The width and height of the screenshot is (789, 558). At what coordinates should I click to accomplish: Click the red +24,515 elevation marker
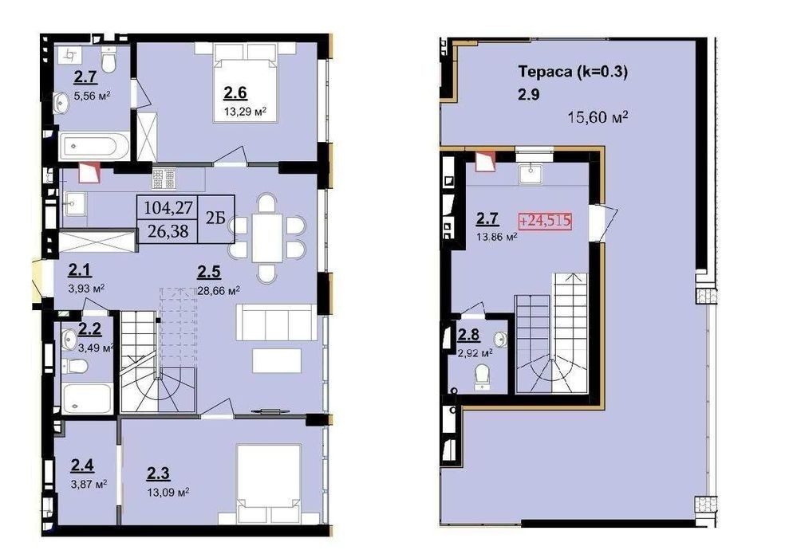click(x=545, y=221)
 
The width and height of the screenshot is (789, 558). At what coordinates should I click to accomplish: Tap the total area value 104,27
click(x=168, y=207)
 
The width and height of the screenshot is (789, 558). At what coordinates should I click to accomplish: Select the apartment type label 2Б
click(x=215, y=218)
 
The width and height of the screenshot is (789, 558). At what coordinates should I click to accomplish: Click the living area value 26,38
click(x=168, y=230)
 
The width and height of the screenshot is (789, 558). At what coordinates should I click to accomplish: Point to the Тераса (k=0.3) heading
click(x=573, y=72)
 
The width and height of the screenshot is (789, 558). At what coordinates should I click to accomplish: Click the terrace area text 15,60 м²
click(x=598, y=117)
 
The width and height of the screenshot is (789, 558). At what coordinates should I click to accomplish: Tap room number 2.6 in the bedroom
click(x=235, y=92)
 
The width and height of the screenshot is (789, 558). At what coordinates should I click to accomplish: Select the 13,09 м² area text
click(x=168, y=492)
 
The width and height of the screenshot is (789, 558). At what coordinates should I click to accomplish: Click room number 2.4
click(x=82, y=466)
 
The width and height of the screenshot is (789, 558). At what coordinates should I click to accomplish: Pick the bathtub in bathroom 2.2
click(x=87, y=399)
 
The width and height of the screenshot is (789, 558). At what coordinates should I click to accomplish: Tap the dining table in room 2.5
click(x=267, y=238)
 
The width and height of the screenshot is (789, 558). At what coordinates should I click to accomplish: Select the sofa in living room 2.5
click(x=277, y=322)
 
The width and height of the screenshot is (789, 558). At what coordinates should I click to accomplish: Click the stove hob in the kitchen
click(x=164, y=179)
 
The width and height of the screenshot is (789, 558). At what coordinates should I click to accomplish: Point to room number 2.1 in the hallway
click(x=80, y=271)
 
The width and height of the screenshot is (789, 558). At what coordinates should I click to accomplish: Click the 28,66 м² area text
click(x=219, y=291)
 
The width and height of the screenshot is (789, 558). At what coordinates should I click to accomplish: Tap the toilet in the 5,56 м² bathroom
click(x=109, y=59)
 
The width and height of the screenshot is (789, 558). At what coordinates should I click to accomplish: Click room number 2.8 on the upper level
click(x=468, y=334)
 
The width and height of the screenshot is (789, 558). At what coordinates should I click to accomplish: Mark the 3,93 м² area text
click(x=86, y=289)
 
